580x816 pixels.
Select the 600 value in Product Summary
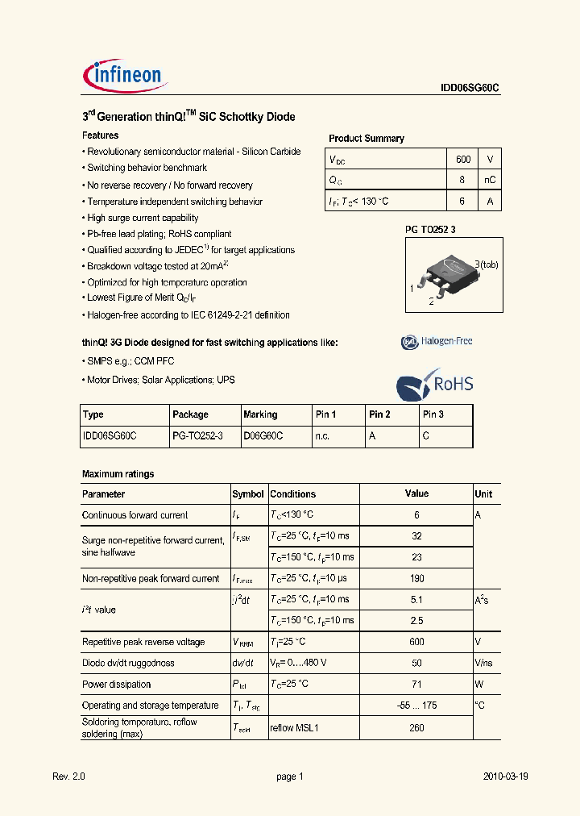pyautogui.click(x=463, y=159)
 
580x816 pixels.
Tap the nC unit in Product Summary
pyautogui.click(x=489, y=180)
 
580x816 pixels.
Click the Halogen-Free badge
pyautogui.click(x=437, y=342)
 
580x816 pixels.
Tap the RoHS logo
pyautogui.click(x=435, y=384)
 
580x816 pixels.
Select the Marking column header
pyautogui.click(x=260, y=414)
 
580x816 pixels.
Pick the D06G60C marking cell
pyautogui.click(x=263, y=435)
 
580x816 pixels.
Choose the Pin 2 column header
pyautogui.click(x=379, y=414)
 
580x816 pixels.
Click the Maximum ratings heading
pyautogui.click(x=118, y=474)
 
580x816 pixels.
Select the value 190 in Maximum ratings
pyautogui.click(x=416, y=578)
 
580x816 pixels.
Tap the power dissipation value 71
pyautogui.click(x=416, y=685)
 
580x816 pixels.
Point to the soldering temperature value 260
pyautogui.click(x=416, y=727)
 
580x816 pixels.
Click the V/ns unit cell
pyautogui.click(x=484, y=663)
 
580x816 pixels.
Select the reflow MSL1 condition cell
pyautogui.click(x=295, y=727)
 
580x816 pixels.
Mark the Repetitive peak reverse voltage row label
pyautogui.click(x=143, y=642)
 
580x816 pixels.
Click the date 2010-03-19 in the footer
pyautogui.click(x=505, y=776)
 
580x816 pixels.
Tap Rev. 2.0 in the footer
pyautogui.click(x=68, y=776)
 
